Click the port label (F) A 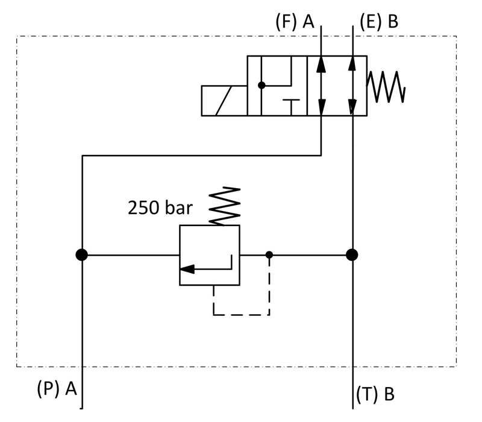click(x=295, y=22)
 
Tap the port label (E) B click(x=379, y=22)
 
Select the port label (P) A click(x=57, y=388)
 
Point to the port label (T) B click(x=375, y=394)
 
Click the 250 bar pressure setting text click(x=160, y=207)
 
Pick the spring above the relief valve click(x=224, y=206)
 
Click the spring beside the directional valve click(x=386, y=87)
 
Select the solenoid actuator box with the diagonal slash click(x=224, y=101)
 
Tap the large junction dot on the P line click(x=82, y=255)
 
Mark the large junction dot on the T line click(x=352, y=255)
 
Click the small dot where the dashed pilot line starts click(x=269, y=255)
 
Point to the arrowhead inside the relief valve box click(x=187, y=269)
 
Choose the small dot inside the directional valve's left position click(x=261, y=85)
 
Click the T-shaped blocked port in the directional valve click(x=291, y=107)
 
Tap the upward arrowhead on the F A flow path click(x=321, y=64)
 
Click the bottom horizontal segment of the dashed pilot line click(x=242, y=315)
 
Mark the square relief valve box click(x=210, y=255)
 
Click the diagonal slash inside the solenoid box click(x=224, y=101)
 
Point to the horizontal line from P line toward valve click(x=131, y=255)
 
